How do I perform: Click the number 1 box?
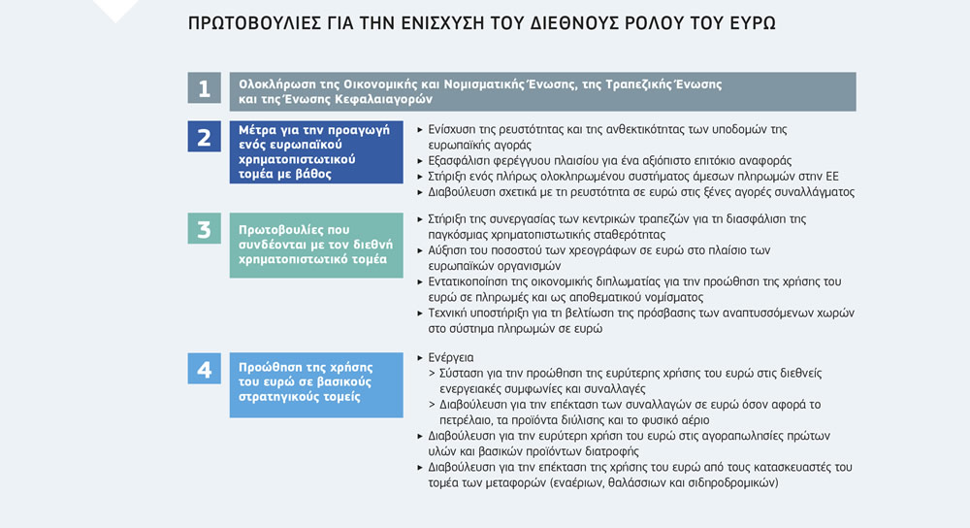204,89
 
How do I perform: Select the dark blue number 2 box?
204,136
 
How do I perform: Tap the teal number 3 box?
204,229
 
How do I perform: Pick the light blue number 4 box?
204,369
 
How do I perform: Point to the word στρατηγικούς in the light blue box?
280,398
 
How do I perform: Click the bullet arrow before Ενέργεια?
419,358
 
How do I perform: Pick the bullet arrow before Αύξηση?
419,250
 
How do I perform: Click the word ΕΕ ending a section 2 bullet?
830,176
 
